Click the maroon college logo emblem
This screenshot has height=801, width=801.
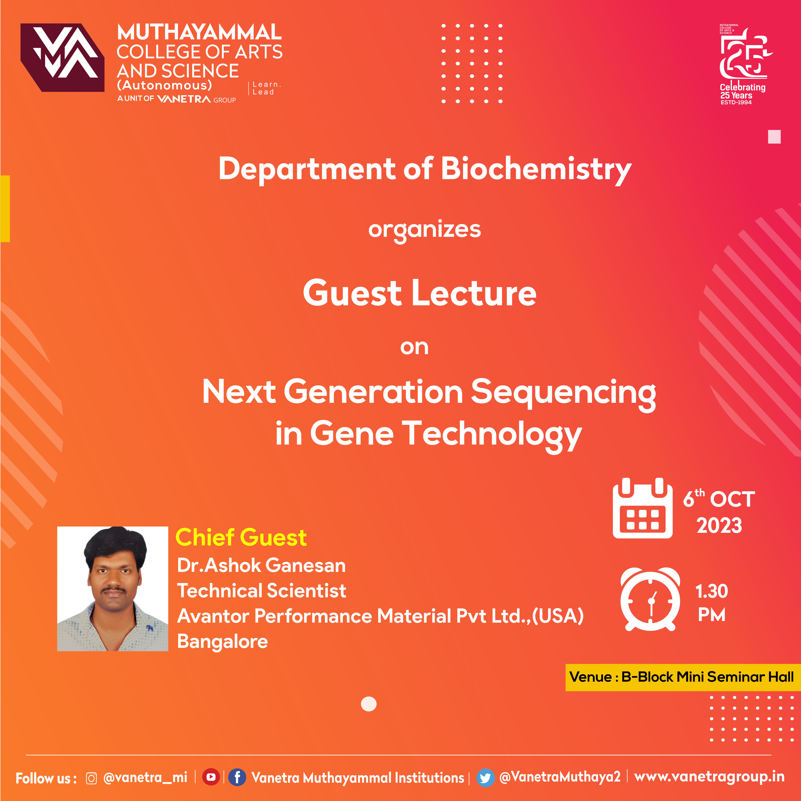(62, 57)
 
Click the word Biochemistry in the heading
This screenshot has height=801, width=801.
(536, 169)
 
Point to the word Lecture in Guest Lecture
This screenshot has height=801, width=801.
(474, 293)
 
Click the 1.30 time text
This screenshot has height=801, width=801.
(711, 591)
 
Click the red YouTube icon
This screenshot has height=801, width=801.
(211, 777)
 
